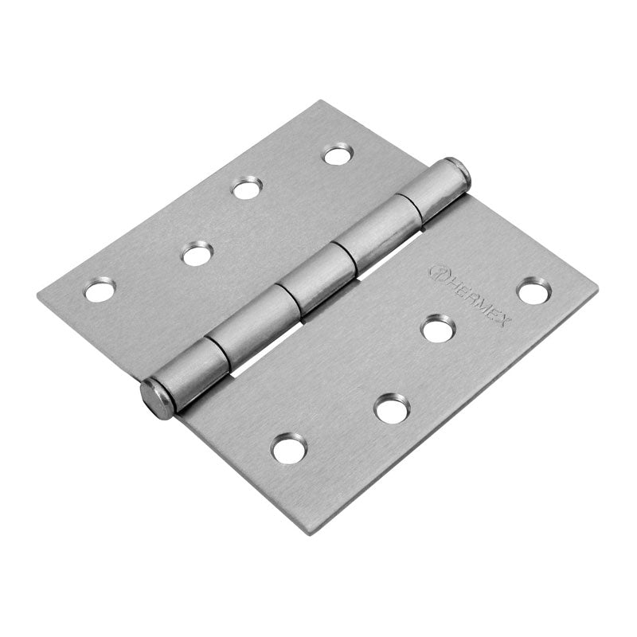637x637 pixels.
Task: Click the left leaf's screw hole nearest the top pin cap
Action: point(338,154)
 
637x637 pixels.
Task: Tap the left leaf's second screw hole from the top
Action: point(247,189)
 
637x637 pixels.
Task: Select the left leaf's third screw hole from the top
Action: point(195,254)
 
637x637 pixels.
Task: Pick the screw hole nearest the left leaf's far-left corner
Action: point(99,291)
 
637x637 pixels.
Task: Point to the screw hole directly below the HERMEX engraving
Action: point(438,328)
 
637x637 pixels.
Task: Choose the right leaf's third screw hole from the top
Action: point(391,409)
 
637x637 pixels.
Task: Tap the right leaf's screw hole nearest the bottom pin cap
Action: point(287,448)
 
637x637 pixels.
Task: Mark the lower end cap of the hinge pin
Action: point(158,399)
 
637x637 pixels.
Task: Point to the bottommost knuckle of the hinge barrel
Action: point(199,365)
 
